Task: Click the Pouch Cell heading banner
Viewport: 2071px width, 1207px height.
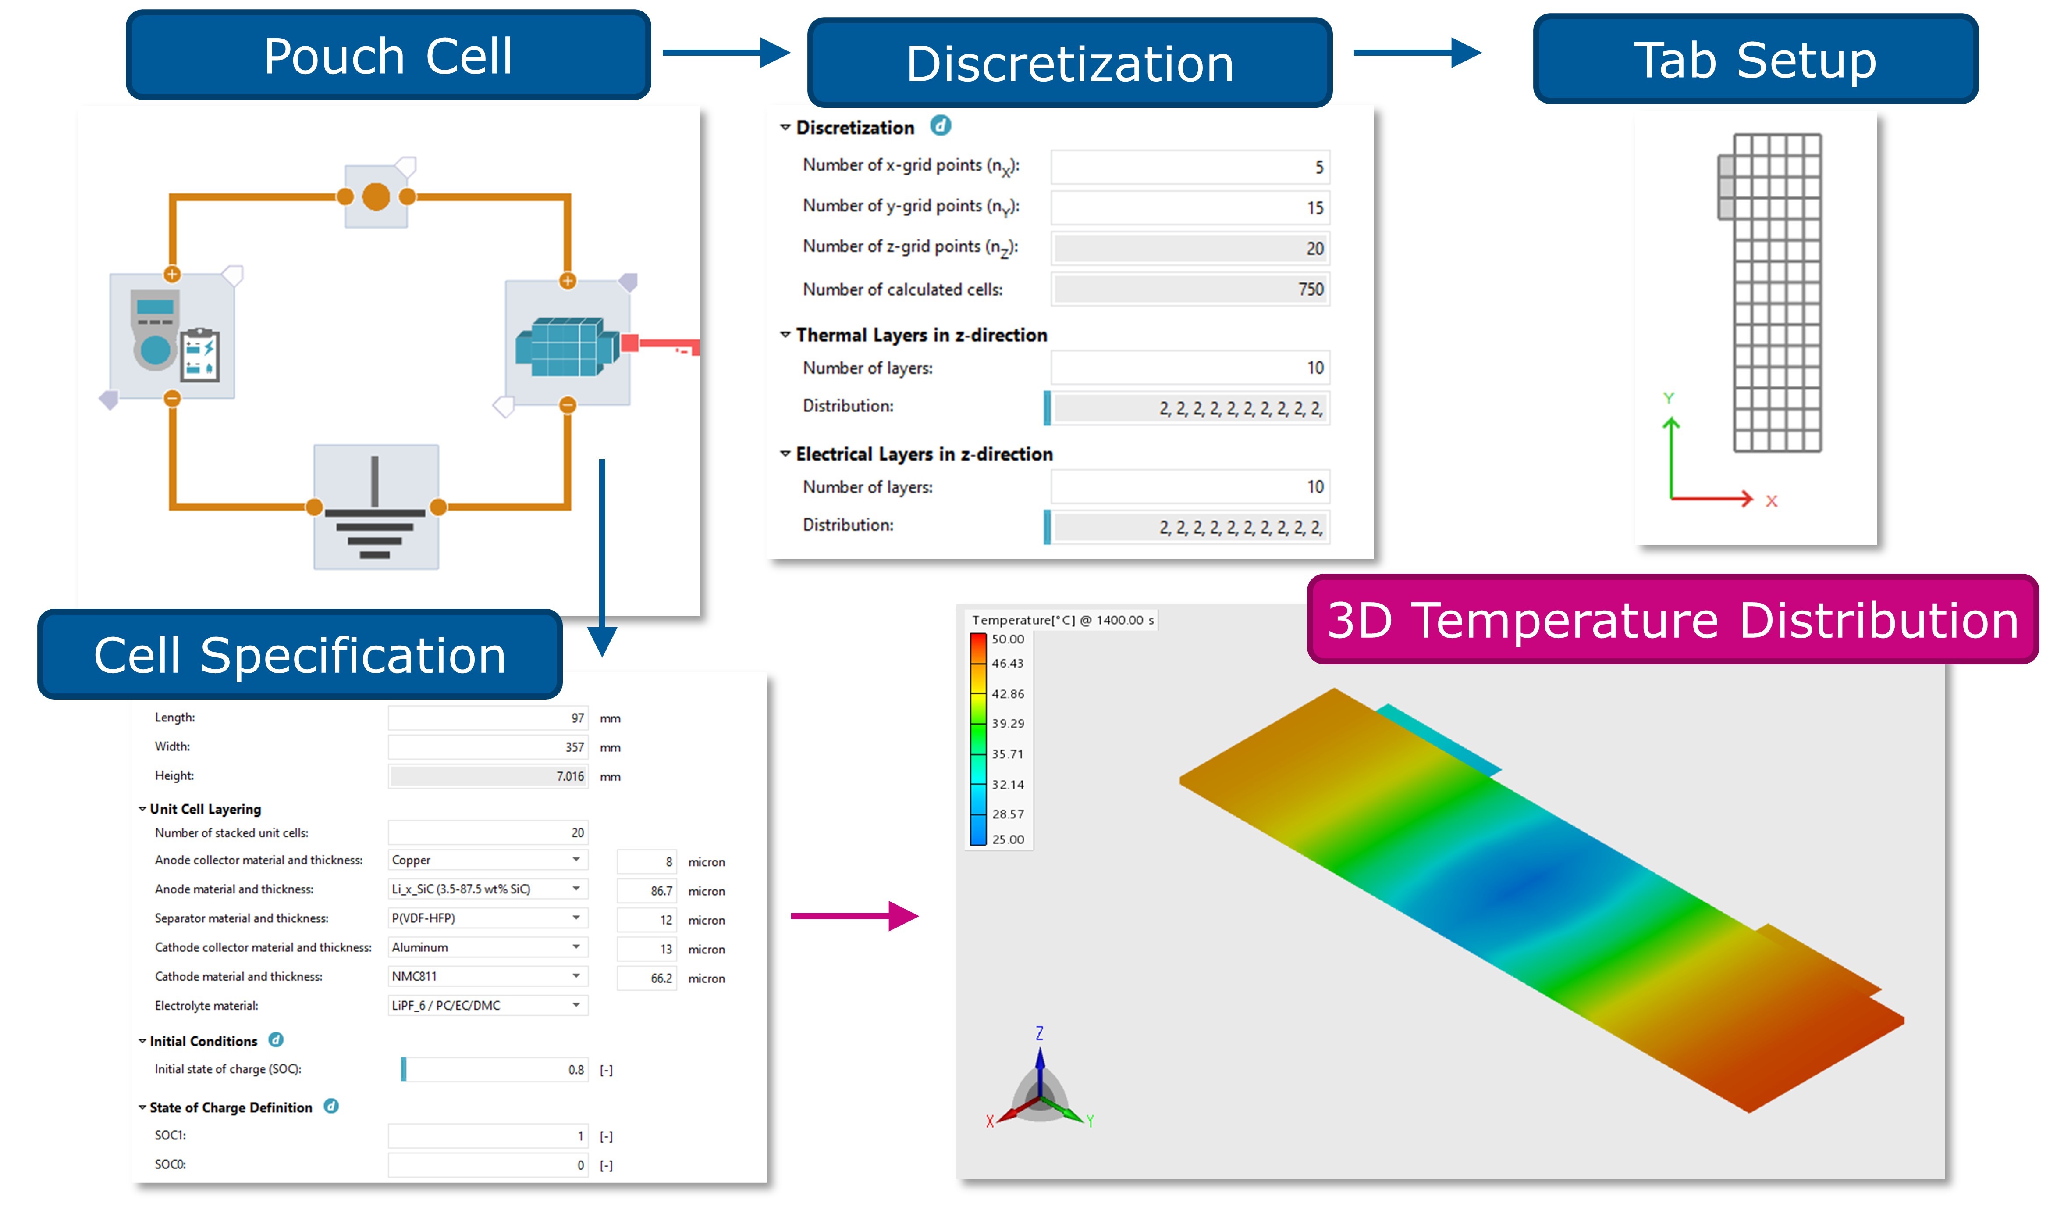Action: (388, 56)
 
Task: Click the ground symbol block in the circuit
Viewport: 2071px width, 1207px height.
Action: (376, 507)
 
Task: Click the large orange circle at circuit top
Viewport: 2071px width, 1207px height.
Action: (376, 196)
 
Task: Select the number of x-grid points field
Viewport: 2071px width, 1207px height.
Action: (1189, 167)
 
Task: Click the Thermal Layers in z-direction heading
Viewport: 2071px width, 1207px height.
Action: (920, 335)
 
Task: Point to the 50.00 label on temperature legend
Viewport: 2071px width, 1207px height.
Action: (1008, 639)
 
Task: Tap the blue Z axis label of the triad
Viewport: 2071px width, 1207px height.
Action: (1040, 1033)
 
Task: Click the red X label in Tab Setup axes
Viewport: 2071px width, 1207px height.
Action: (1771, 501)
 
